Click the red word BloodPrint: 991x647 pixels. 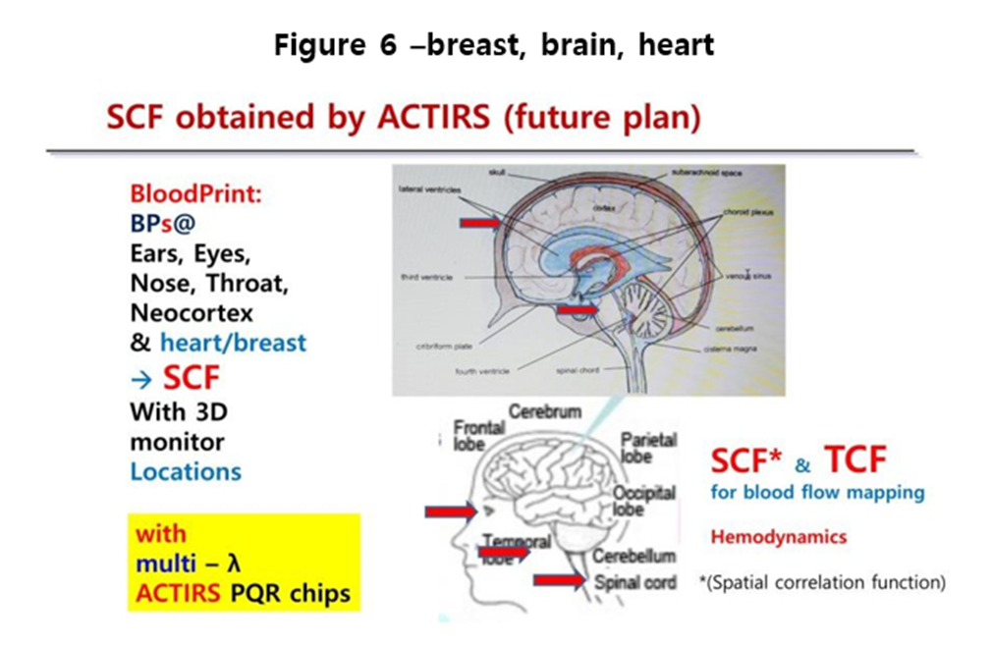196,193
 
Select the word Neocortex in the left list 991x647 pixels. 192,313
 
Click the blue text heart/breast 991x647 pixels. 233,343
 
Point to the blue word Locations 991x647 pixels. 186,470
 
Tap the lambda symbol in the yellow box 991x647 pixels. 234,564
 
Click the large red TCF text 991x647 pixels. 855,458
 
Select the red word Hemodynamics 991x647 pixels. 778,537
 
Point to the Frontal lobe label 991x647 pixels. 479,435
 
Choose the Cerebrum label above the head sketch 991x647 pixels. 545,410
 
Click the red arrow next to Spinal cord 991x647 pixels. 562,579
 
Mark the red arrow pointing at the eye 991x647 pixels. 450,512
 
